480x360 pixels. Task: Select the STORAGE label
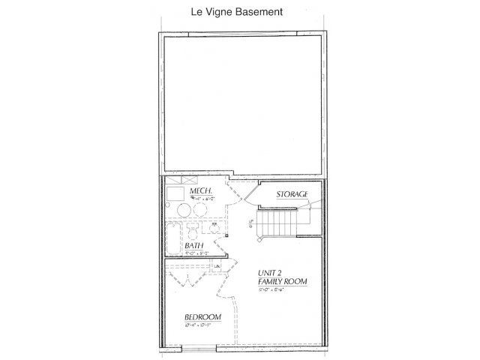click(x=292, y=194)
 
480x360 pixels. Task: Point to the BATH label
click(x=195, y=244)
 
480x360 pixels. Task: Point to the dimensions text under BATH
click(x=193, y=252)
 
